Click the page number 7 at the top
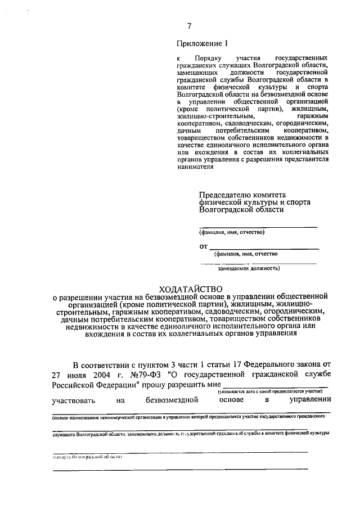click(190, 26)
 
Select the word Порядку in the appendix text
click(209, 58)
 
